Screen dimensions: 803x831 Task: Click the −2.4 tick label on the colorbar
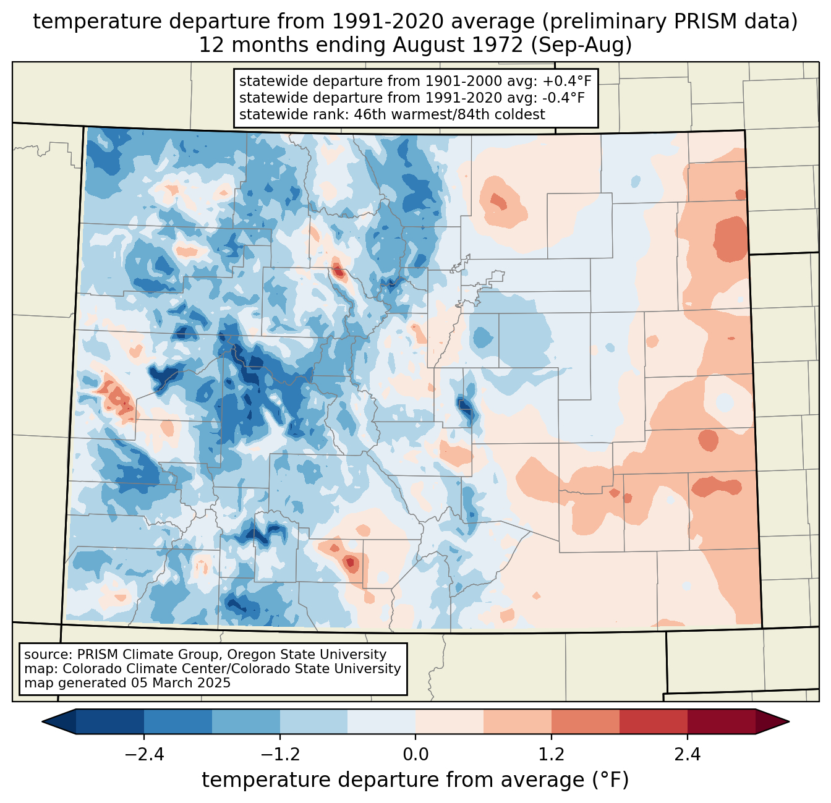click(x=144, y=755)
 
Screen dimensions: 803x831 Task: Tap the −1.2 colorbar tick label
click(x=279, y=755)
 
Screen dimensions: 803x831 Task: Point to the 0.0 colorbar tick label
click(x=415, y=755)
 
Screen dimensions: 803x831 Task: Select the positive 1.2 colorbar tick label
click(x=552, y=755)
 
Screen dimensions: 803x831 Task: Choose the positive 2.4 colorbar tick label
click(x=688, y=755)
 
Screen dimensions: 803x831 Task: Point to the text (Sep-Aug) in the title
click(x=581, y=45)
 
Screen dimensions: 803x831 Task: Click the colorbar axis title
click(x=415, y=780)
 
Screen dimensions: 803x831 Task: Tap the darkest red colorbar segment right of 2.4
click(x=721, y=721)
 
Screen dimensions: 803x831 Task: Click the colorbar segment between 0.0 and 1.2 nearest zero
click(x=450, y=721)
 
